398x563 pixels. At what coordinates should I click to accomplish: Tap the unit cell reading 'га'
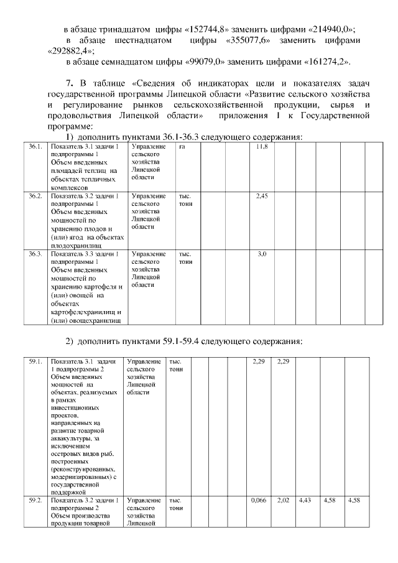(182, 147)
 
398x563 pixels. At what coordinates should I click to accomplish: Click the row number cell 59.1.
(35, 361)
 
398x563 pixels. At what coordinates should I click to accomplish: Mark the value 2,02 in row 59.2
(282, 500)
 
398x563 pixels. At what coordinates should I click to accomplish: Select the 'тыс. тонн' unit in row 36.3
(185, 258)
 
